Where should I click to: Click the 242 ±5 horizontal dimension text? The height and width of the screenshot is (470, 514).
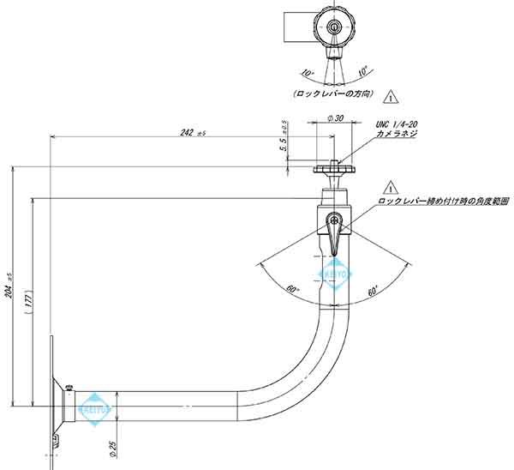click(x=192, y=132)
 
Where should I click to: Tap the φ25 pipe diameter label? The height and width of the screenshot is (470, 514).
click(x=115, y=447)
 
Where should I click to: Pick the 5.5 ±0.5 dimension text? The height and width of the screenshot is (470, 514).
click(x=282, y=137)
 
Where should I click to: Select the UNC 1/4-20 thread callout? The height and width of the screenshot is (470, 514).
click(x=397, y=125)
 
